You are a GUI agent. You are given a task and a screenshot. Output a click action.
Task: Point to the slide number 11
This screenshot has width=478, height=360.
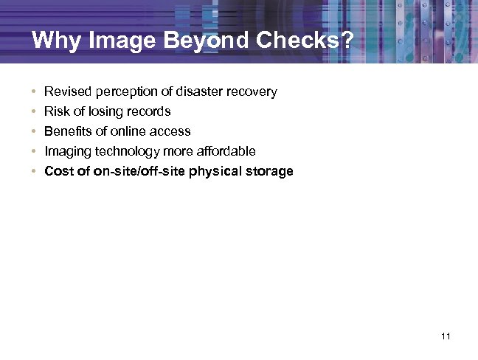[x=445, y=336]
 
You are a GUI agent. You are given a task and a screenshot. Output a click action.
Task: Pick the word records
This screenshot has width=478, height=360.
[x=148, y=111]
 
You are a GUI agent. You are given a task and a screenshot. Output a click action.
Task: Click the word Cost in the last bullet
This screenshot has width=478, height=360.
[x=58, y=171]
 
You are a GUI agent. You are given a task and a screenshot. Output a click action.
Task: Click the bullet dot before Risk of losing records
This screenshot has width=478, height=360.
[x=34, y=112]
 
